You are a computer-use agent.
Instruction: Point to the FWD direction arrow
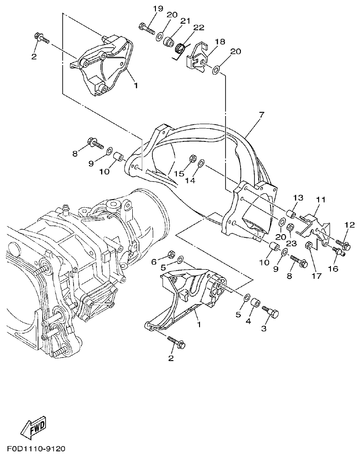click(x=35, y=427)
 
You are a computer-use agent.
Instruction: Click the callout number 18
click(x=220, y=42)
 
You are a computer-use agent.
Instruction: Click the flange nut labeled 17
click(x=308, y=246)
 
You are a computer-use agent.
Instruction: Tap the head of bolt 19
click(x=141, y=25)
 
